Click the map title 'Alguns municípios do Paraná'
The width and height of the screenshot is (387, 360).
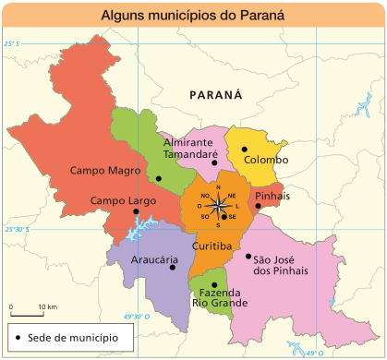pyautogui.click(x=192, y=16)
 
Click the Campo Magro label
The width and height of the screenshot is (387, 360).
pyautogui.click(x=105, y=171)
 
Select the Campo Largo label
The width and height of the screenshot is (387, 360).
pyautogui.click(x=122, y=200)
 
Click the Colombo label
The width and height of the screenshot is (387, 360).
pyautogui.click(x=266, y=160)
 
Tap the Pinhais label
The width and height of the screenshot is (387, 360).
pyautogui.click(x=272, y=197)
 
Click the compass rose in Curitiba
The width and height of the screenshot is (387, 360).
pyautogui.click(x=218, y=206)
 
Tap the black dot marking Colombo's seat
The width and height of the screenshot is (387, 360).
pyautogui.click(x=245, y=149)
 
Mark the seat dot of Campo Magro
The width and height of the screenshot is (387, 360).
pyautogui.click(x=159, y=178)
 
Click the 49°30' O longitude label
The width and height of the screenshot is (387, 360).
pyautogui.click(x=136, y=316)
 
